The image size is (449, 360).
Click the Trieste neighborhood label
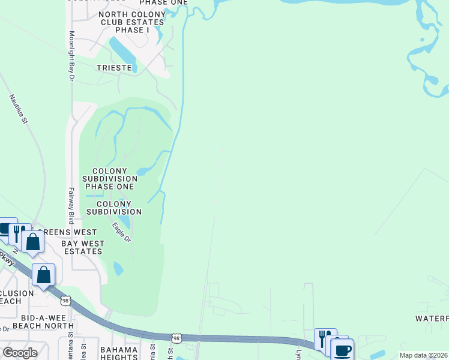pos(114,68)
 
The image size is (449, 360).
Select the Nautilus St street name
pos(19,108)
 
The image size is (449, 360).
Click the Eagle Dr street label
pos(121,232)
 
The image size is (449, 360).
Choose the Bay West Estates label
pos(83,247)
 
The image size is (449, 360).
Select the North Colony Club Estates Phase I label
pos(131,22)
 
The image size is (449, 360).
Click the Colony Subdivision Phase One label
pos(109,179)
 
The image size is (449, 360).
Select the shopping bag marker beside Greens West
pos(33,242)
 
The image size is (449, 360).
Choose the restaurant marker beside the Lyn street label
pos(325,338)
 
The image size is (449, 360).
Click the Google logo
pos(20,353)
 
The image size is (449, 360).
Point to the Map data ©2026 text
pos(423,355)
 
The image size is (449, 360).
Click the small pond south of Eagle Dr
pos(118,268)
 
